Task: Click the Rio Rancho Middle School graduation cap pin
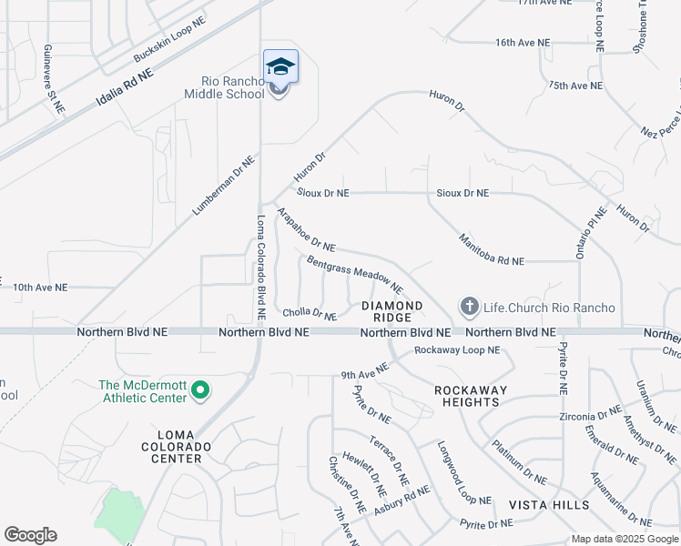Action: pos(280,67)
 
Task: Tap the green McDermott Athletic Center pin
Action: pos(200,392)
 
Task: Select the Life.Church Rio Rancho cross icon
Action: pos(469,307)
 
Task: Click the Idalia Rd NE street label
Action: pos(124,93)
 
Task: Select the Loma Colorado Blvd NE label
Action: pos(261,266)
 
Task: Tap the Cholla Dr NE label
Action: pos(310,314)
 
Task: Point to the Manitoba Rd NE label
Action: pos(492,248)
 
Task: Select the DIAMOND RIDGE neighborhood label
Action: pos(392,311)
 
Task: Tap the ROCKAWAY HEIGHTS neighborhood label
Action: pos(467,396)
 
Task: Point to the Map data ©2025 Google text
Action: pos(624,539)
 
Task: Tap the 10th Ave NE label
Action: pos(40,288)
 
